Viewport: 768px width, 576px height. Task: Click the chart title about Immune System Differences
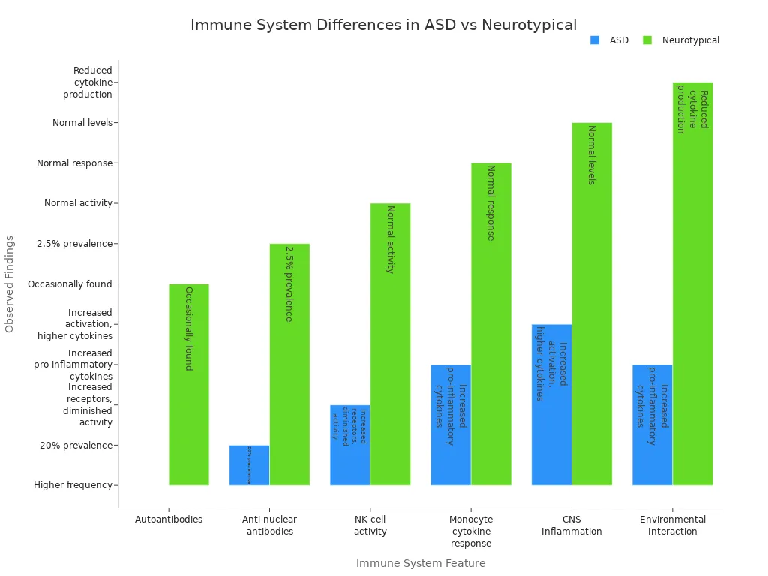tap(383, 25)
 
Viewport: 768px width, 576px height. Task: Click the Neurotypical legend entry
tap(681, 40)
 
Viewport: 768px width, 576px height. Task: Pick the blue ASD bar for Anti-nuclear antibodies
tap(249, 465)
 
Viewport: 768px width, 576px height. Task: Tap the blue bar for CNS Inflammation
tap(551, 404)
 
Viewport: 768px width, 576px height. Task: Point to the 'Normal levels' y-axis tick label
tap(82, 122)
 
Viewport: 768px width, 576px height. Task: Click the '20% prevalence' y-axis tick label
tap(76, 445)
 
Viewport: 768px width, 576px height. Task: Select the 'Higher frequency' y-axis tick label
tap(73, 485)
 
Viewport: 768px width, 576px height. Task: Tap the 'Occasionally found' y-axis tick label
tap(70, 284)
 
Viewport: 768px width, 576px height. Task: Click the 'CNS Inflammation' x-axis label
tap(571, 525)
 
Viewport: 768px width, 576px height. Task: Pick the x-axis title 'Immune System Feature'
tap(420, 563)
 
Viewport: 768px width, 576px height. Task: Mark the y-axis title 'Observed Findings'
tap(10, 283)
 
